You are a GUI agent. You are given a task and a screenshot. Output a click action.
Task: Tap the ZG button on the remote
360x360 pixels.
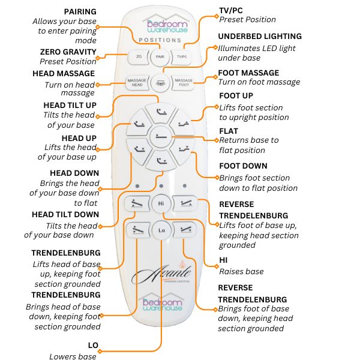coord(139,57)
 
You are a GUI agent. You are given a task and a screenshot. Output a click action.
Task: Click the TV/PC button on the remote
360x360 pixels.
coord(181,57)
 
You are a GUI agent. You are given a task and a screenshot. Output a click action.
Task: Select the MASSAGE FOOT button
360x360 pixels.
coord(183,83)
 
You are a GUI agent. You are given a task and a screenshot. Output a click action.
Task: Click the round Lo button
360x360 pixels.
coord(160,230)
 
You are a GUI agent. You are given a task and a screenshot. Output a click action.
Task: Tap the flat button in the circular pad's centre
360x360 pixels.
coord(160,136)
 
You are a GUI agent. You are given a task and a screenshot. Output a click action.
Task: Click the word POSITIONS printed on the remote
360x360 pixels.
coord(160,40)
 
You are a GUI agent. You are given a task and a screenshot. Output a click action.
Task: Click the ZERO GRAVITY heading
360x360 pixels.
coord(67,52)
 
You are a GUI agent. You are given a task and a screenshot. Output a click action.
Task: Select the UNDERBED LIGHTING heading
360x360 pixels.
coord(260,37)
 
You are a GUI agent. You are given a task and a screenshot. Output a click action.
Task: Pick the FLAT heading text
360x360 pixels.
coord(229,131)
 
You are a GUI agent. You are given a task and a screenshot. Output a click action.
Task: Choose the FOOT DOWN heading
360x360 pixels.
coord(243,166)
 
